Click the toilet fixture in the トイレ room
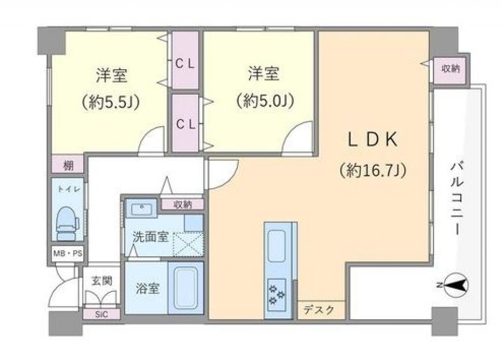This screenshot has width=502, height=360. [x=68, y=223]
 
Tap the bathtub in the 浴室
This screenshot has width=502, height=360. [x=186, y=288]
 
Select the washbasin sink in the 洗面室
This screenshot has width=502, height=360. [x=141, y=209]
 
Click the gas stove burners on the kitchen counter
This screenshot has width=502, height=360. [x=277, y=294]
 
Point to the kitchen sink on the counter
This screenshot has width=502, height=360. [x=276, y=246]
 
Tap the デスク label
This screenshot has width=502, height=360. [x=319, y=309]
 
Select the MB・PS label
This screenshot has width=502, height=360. [x=68, y=254]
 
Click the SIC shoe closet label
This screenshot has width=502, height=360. [x=101, y=314]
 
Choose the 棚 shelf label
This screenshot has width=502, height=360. [x=68, y=166]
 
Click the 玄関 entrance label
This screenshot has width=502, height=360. [x=102, y=281]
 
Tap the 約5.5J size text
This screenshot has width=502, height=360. [x=110, y=103]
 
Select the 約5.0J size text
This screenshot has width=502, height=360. [x=265, y=101]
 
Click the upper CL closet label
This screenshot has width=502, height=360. [x=185, y=64]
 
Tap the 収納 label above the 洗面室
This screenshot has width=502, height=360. [x=183, y=205]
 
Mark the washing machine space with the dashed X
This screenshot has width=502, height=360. [x=188, y=244]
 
